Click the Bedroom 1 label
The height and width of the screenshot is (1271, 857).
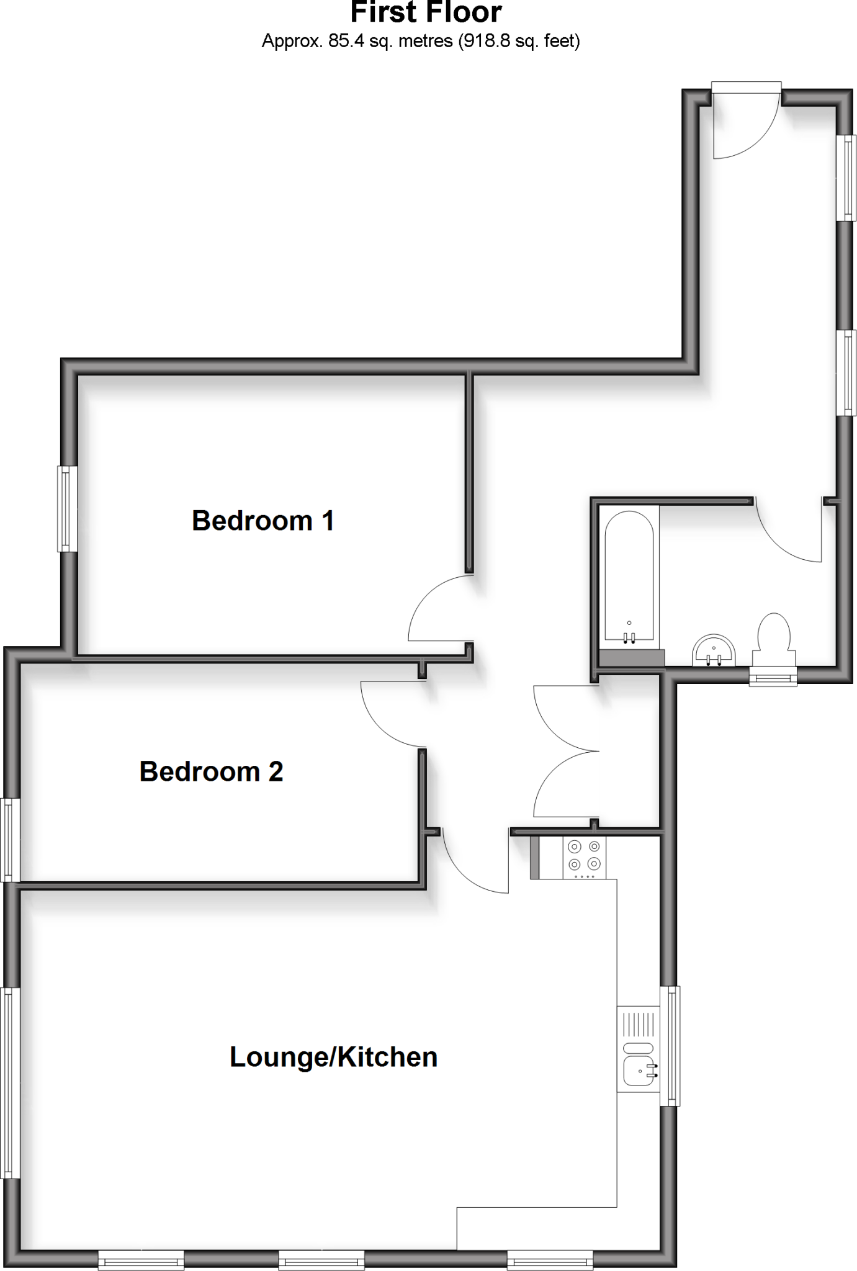point(262,521)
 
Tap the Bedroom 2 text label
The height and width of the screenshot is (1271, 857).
point(211,771)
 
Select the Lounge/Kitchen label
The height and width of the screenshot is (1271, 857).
point(333,1057)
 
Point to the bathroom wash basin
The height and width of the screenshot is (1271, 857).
point(714,650)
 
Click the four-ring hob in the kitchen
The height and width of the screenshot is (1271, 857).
point(584,856)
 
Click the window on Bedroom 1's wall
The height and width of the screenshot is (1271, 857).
point(68,509)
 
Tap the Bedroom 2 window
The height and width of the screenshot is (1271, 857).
point(7,839)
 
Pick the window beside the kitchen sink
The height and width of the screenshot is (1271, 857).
point(670,1046)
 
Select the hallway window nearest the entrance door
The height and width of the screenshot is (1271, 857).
point(847,178)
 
